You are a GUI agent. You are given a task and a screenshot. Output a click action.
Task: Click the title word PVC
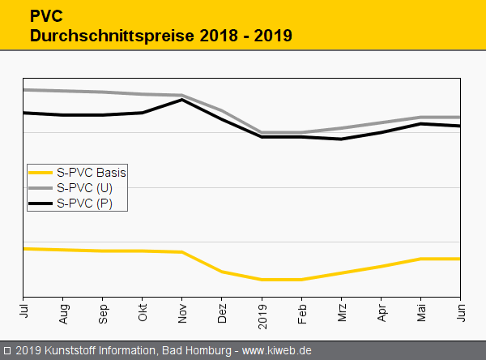[x=45, y=15]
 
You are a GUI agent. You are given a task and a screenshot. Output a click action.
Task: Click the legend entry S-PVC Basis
[x=92, y=172]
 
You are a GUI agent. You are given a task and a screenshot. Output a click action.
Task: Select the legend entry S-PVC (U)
[x=84, y=188]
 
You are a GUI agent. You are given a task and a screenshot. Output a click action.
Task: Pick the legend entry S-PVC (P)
[x=84, y=204]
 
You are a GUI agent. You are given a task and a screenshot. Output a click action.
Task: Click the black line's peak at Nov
[x=183, y=100]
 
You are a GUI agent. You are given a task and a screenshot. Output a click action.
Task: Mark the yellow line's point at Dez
[x=222, y=272]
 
